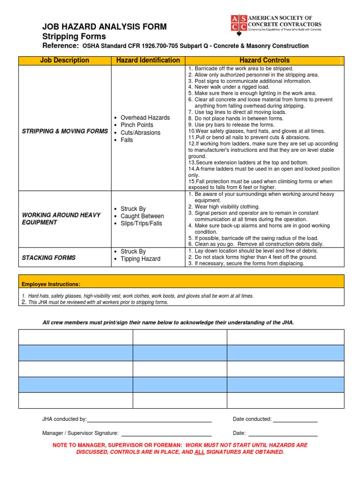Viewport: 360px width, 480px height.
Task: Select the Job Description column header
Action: coord(65,60)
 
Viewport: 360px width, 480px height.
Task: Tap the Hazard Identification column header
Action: coord(148,60)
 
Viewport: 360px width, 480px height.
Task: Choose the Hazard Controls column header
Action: coord(264,60)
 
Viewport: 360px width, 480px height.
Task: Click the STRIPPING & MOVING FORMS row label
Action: coord(65,131)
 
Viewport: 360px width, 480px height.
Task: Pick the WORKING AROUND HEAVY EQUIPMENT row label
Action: coord(61,218)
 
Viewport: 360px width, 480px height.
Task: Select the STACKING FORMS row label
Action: coord(49,258)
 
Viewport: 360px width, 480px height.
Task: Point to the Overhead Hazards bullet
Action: coord(145,118)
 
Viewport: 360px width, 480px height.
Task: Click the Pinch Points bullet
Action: coord(137,125)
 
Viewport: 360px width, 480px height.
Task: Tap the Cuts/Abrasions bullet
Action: coord(140,133)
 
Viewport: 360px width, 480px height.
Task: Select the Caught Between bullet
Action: coord(142,216)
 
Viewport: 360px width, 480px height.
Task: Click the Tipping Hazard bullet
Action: coord(140,259)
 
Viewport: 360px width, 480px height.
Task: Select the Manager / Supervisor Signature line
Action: coord(166,434)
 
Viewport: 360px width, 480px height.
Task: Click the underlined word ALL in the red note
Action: coord(199,452)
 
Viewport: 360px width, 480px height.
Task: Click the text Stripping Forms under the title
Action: coord(74,37)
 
